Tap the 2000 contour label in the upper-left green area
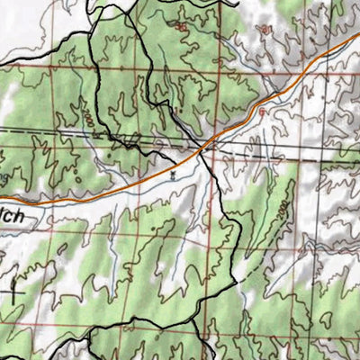point(87,118)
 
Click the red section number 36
point(182,27)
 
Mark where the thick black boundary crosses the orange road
point(209,144)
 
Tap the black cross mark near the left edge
point(13,290)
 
